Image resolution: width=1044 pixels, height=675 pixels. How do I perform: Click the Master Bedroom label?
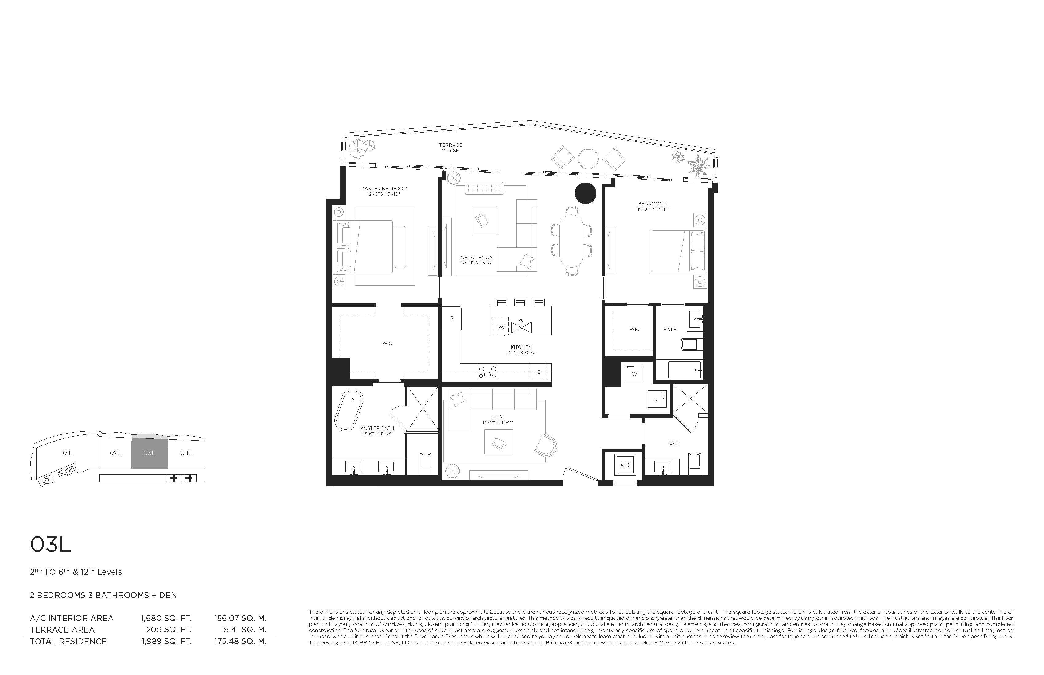coord(384,188)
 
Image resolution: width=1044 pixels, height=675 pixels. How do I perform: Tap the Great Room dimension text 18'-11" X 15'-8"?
coord(477,263)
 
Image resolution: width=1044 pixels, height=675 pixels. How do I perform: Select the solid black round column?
coord(585,193)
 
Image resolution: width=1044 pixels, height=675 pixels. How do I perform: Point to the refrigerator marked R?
coord(451,318)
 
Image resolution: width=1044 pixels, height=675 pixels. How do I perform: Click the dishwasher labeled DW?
coord(500,327)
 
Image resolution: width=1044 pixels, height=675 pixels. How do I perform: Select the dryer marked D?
coord(656,399)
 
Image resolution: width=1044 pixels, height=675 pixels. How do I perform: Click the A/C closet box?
coord(625,465)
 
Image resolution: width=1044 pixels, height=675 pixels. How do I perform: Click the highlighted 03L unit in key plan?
coord(149,453)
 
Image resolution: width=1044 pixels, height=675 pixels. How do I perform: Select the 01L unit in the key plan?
coord(67,453)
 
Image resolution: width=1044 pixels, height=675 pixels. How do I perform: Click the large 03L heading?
coord(50,545)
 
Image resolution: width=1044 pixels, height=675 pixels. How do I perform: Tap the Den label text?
coord(497,417)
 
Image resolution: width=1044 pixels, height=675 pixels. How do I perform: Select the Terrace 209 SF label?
coord(450,148)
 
